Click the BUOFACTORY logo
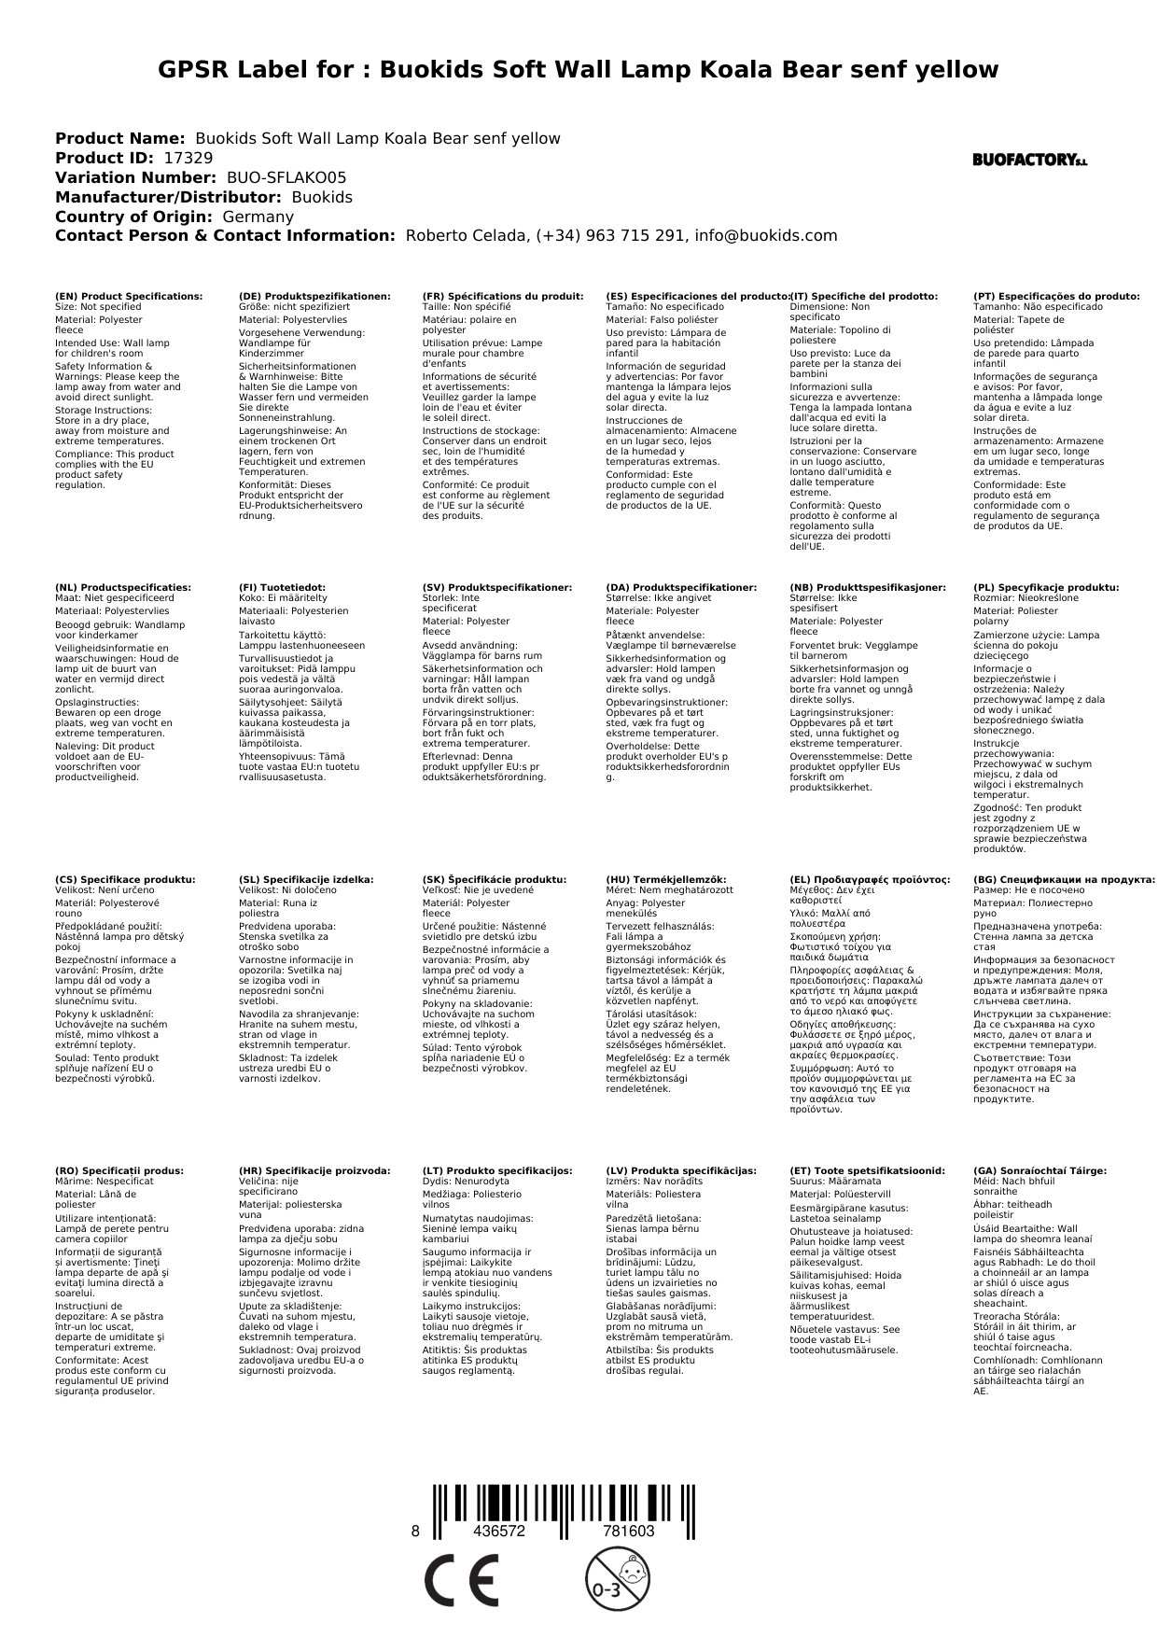pyautogui.click(x=1029, y=161)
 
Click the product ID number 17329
pyautogui.click(x=188, y=159)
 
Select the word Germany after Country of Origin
pyautogui.click(x=258, y=217)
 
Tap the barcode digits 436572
pyautogui.click(x=499, y=1532)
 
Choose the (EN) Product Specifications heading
pyautogui.click(x=129, y=297)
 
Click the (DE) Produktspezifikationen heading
pyautogui.click(x=314, y=297)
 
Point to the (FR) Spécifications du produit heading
pyautogui.click(x=502, y=297)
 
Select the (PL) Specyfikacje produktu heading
pyautogui.click(x=1045, y=588)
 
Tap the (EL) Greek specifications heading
pyautogui.click(x=870, y=880)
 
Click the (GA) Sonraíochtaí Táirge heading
pyautogui.click(x=1039, y=1170)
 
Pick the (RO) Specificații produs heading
pyautogui.click(x=119, y=1170)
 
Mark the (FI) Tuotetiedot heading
pyautogui.click(x=282, y=588)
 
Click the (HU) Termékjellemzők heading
pyautogui.click(x=665, y=880)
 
